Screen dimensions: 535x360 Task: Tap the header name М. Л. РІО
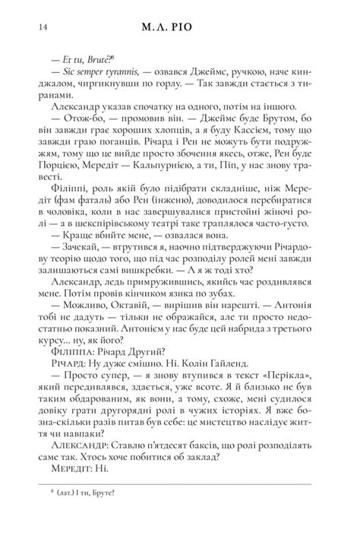tap(179, 28)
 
